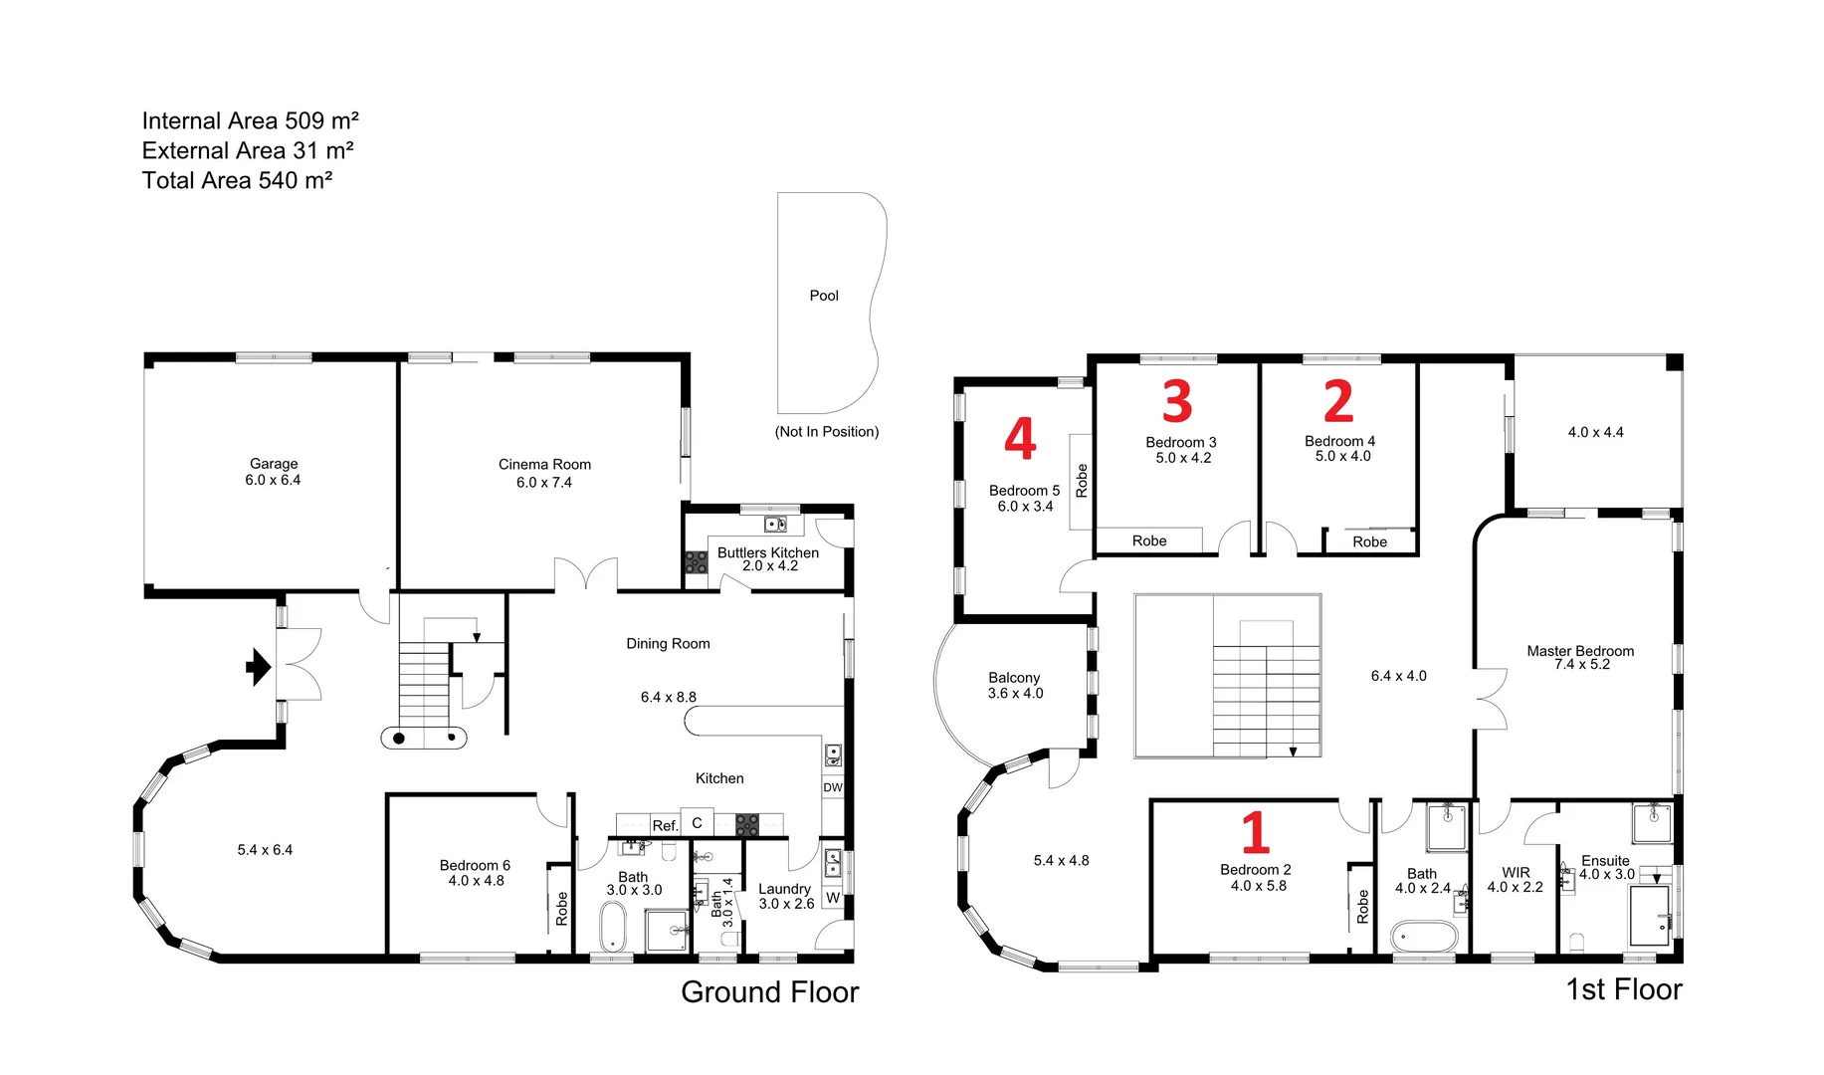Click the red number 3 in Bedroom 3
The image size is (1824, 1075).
[1177, 401]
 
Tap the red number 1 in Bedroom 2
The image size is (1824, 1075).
[1256, 832]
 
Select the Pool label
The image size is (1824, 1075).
[823, 296]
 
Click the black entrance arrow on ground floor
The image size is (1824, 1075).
[258, 667]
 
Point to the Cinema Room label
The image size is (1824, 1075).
[544, 465]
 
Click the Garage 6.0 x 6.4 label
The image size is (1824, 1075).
[274, 472]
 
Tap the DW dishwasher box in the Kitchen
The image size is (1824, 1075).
[833, 787]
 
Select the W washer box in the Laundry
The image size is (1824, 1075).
[833, 898]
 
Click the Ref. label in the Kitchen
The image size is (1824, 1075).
[664, 825]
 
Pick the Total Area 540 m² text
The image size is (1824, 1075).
[237, 180]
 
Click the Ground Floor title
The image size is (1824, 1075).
[769, 991]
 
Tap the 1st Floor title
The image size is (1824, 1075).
[1623, 989]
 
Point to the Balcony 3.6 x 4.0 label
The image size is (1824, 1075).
[1015, 685]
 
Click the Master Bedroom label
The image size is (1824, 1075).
[1580, 652]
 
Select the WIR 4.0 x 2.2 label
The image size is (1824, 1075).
[1515, 880]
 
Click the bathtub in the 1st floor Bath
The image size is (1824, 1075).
[1423, 937]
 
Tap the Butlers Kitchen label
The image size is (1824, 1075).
[768, 552]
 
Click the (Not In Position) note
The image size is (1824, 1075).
[827, 432]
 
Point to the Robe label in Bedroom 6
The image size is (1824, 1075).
[561, 908]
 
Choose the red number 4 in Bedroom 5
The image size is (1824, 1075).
[1020, 439]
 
